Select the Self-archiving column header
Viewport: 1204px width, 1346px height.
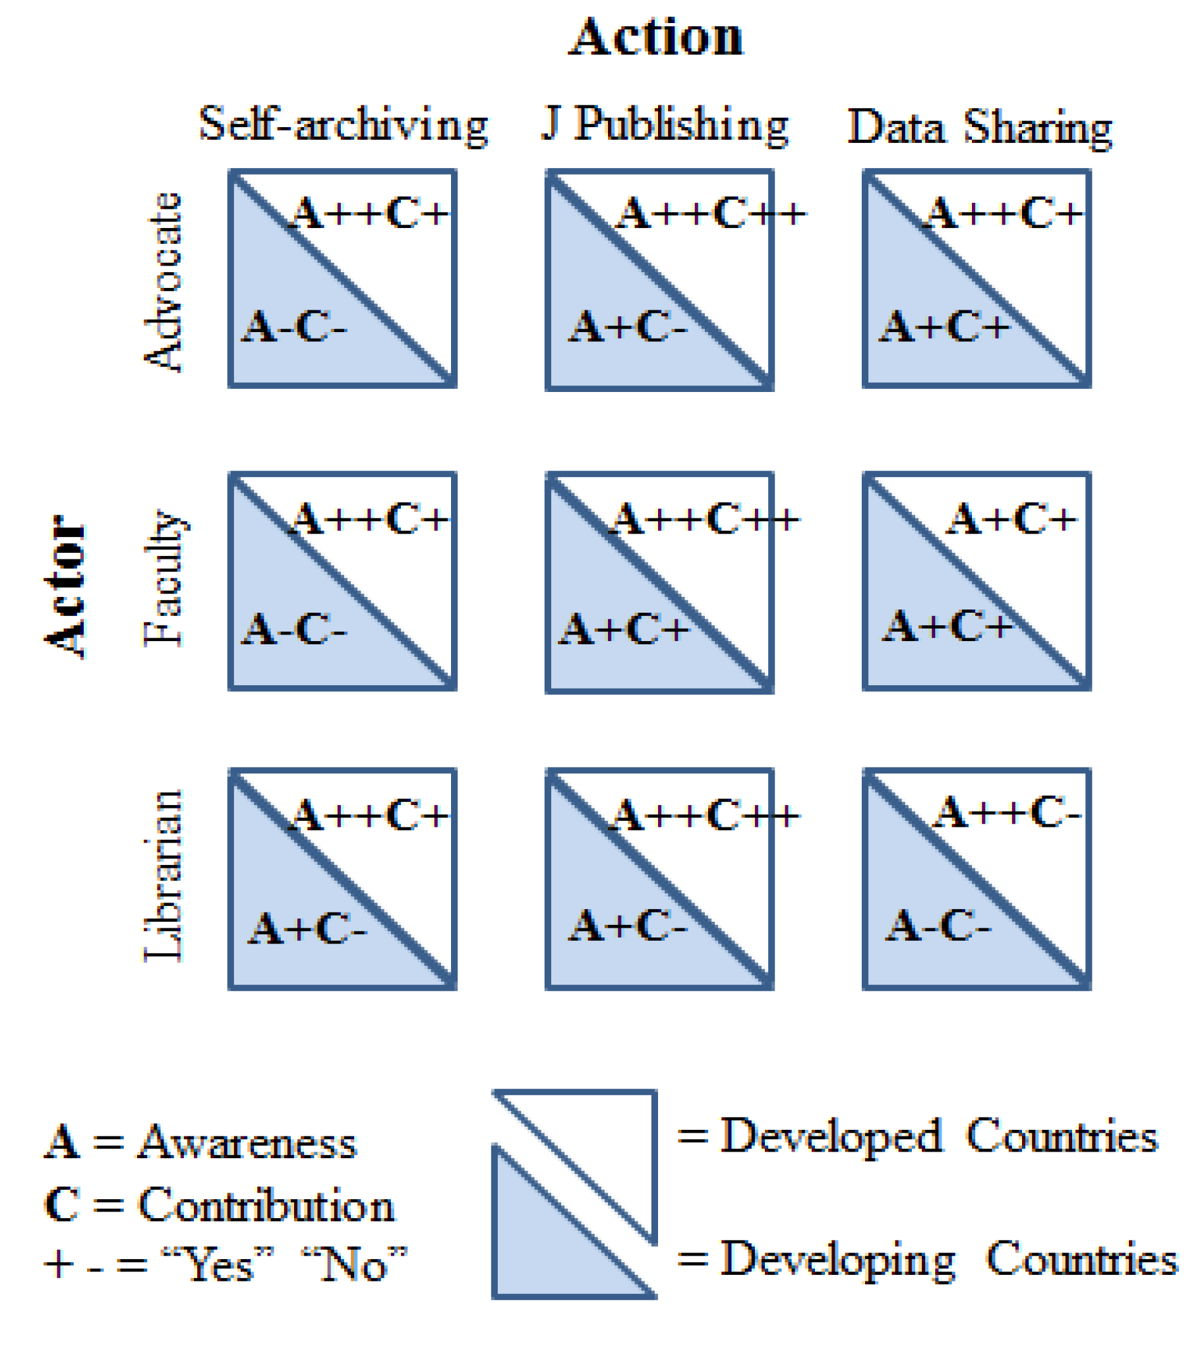point(344,125)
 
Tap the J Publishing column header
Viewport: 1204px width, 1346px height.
point(665,125)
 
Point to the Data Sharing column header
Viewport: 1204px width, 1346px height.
point(980,127)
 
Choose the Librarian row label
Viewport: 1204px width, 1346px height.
point(163,877)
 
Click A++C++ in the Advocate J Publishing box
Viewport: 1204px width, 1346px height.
point(711,213)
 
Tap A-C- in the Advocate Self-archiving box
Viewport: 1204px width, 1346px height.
point(294,327)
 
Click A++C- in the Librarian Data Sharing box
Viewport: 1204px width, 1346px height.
point(1007,812)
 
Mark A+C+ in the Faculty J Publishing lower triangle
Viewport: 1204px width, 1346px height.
point(624,629)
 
